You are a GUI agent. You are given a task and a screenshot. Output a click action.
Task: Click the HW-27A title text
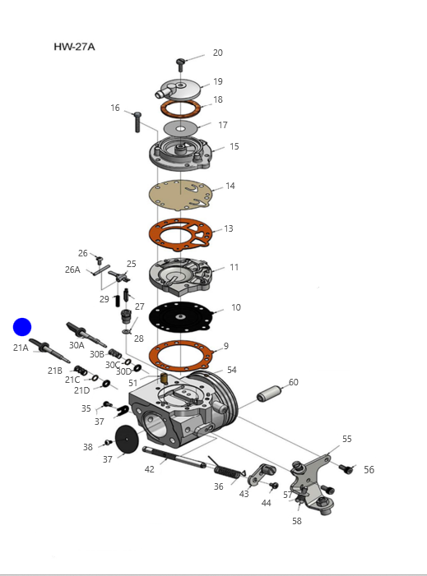click(74, 47)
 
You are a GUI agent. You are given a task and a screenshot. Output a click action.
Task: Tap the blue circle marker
click(22, 327)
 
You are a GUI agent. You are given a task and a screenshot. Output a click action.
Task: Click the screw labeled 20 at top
click(180, 65)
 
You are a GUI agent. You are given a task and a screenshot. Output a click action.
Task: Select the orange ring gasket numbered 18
click(180, 108)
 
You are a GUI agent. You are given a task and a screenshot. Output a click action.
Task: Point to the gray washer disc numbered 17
click(180, 129)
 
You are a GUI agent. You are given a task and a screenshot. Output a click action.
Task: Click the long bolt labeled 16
click(137, 122)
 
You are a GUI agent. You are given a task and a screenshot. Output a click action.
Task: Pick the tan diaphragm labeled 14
click(180, 195)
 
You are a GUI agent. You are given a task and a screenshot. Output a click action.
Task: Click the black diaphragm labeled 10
click(180, 316)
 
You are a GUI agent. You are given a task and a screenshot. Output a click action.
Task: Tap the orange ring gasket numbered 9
click(181, 356)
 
